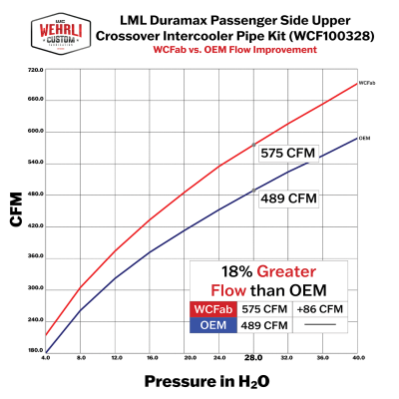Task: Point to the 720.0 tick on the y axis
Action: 35,70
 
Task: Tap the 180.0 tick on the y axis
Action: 35,350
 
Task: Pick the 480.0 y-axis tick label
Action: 35,195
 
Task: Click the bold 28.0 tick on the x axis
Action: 252,357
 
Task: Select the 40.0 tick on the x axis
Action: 357,357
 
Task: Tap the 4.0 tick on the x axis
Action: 46,357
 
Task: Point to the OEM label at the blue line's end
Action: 366,138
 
